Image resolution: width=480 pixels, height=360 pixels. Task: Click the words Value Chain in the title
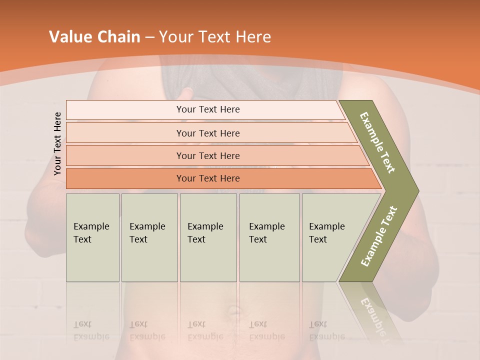[94, 37]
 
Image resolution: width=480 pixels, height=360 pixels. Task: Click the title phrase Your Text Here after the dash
[215, 37]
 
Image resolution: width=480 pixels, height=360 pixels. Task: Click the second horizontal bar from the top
[207, 133]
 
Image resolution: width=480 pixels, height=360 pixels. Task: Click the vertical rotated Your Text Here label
[57, 144]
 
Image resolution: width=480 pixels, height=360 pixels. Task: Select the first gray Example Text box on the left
[92, 237]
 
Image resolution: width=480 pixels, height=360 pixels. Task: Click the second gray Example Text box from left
[149, 237]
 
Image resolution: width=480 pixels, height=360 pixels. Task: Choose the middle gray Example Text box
[208, 237]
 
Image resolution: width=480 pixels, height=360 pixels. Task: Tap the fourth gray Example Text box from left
[269, 237]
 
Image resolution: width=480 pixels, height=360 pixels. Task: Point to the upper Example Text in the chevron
[377, 142]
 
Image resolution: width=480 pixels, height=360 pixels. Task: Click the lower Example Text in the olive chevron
[379, 236]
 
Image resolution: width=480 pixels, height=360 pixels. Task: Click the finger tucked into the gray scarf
[187, 92]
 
